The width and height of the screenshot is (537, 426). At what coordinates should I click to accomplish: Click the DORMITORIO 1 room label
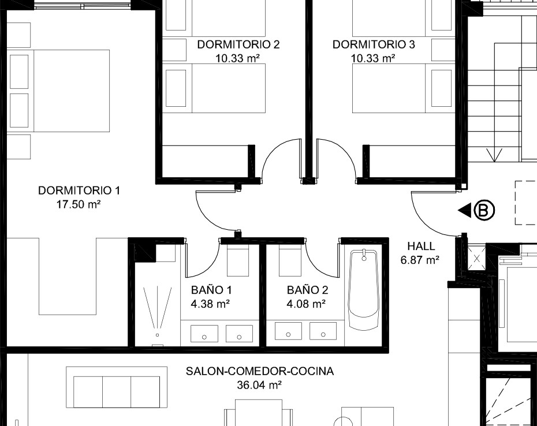pos(79,190)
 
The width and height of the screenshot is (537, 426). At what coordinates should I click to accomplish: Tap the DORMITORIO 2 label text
pos(238,44)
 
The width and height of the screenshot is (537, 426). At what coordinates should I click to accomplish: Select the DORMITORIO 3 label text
pos(374,44)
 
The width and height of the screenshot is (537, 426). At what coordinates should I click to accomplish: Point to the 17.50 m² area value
pos(79,204)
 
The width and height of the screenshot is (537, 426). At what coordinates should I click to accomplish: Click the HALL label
pos(421,246)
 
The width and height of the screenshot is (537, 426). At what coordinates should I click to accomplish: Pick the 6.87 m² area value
pos(420,260)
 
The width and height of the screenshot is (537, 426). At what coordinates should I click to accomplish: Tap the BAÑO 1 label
pos(211,290)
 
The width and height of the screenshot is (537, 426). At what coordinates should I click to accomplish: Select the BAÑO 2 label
pos(308,290)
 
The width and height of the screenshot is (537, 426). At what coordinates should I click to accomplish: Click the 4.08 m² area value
pos(306,304)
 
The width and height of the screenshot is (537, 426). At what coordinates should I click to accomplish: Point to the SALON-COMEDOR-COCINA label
pos(260,371)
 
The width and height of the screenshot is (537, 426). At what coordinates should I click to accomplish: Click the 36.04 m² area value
pos(259,385)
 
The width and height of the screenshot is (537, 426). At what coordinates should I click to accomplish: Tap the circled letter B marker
pos(484,210)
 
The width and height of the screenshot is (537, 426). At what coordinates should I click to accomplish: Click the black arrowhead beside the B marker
pos(465,210)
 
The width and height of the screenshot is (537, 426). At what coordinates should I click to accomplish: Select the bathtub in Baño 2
pos(363,290)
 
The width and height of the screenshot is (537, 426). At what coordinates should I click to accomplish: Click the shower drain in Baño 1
pos(157,335)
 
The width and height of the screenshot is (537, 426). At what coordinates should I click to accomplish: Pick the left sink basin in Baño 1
pos(204,334)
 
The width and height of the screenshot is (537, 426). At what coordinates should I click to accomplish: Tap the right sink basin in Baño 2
pos(323,331)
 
